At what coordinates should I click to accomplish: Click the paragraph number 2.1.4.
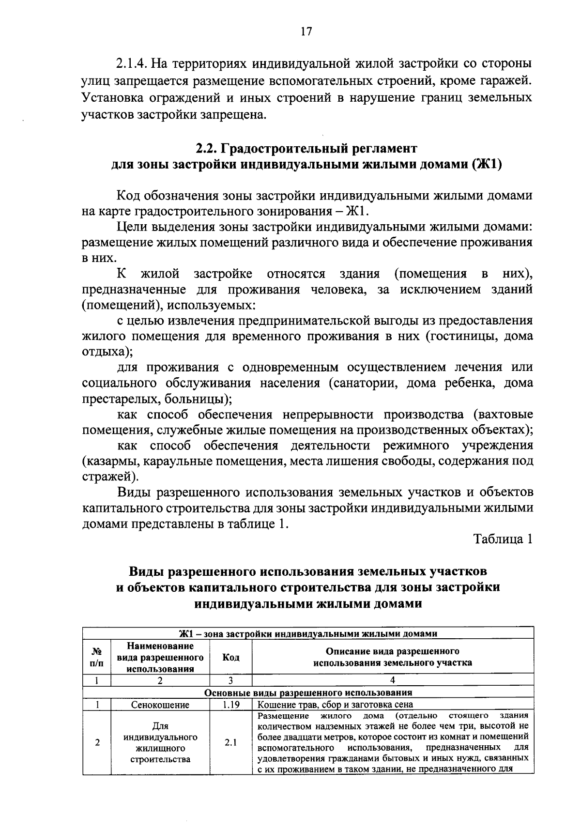(132, 63)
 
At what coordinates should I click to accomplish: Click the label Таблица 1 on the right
(503, 539)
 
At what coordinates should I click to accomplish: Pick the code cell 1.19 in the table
(230, 705)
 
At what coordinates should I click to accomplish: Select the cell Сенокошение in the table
(160, 705)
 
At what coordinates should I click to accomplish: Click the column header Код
(230, 658)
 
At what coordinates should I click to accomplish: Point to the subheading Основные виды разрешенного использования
(308, 692)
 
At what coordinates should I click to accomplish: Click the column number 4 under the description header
(393, 680)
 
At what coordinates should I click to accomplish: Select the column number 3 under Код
(230, 680)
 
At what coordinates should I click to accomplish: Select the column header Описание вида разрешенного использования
(393, 657)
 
